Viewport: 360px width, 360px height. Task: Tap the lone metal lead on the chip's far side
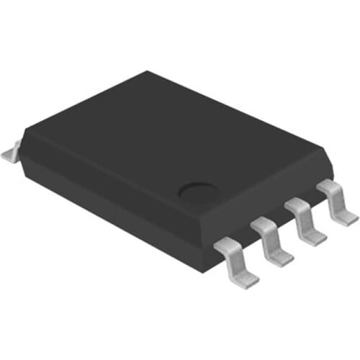pyautogui.click(x=11, y=151)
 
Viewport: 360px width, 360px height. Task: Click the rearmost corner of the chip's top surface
pyautogui.click(x=148, y=72)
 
